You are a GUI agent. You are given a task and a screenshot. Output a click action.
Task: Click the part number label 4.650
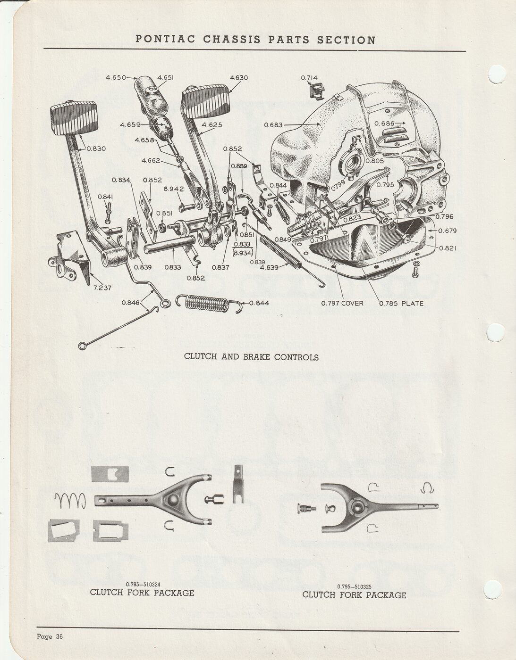coord(116,77)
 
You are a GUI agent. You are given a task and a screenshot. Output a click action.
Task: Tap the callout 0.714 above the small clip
coord(309,78)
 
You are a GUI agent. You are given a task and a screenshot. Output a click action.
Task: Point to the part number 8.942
coord(174,189)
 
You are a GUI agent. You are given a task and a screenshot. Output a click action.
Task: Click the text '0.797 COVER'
coord(342,303)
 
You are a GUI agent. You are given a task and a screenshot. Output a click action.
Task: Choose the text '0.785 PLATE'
coord(401,303)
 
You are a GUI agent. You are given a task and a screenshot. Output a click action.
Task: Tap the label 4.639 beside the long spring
coord(269,267)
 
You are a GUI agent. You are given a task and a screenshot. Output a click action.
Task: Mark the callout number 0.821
coord(448,248)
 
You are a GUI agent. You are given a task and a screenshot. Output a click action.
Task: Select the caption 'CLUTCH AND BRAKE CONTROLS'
coord(251,357)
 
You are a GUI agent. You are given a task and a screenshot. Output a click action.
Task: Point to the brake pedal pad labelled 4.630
coord(206,101)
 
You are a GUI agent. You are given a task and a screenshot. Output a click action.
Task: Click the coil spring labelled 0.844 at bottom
coord(209,303)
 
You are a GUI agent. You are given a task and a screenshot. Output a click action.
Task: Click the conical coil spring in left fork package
coord(70,500)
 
